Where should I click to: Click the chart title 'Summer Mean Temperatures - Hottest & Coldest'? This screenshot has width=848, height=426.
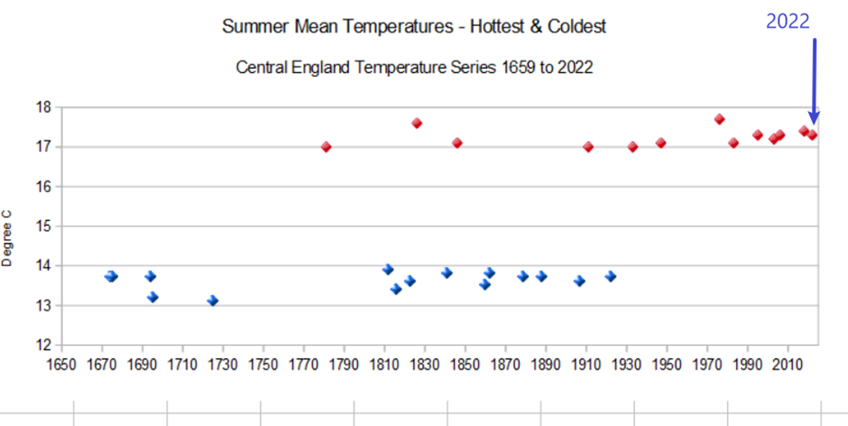[414, 26]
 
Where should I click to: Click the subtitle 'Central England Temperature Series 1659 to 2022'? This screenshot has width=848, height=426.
[414, 68]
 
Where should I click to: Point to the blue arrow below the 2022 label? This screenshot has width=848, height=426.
[814, 81]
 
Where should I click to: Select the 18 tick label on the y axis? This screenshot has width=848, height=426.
[43, 106]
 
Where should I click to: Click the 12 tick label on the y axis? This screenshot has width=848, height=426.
[43, 345]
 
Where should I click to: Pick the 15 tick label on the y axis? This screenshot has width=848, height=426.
[43, 226]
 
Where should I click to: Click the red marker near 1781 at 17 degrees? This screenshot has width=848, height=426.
[326, 146]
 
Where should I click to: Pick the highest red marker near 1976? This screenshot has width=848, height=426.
[719, 119]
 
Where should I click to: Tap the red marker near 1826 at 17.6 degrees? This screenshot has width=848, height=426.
[417, 123]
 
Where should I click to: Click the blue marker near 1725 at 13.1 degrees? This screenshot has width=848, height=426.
[213, 301]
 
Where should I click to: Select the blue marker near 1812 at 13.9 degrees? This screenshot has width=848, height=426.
[388, 269]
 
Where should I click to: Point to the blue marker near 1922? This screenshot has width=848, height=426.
[611, 276]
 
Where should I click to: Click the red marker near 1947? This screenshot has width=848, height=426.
[660, 143]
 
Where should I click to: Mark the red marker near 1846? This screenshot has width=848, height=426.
[457, 143]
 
